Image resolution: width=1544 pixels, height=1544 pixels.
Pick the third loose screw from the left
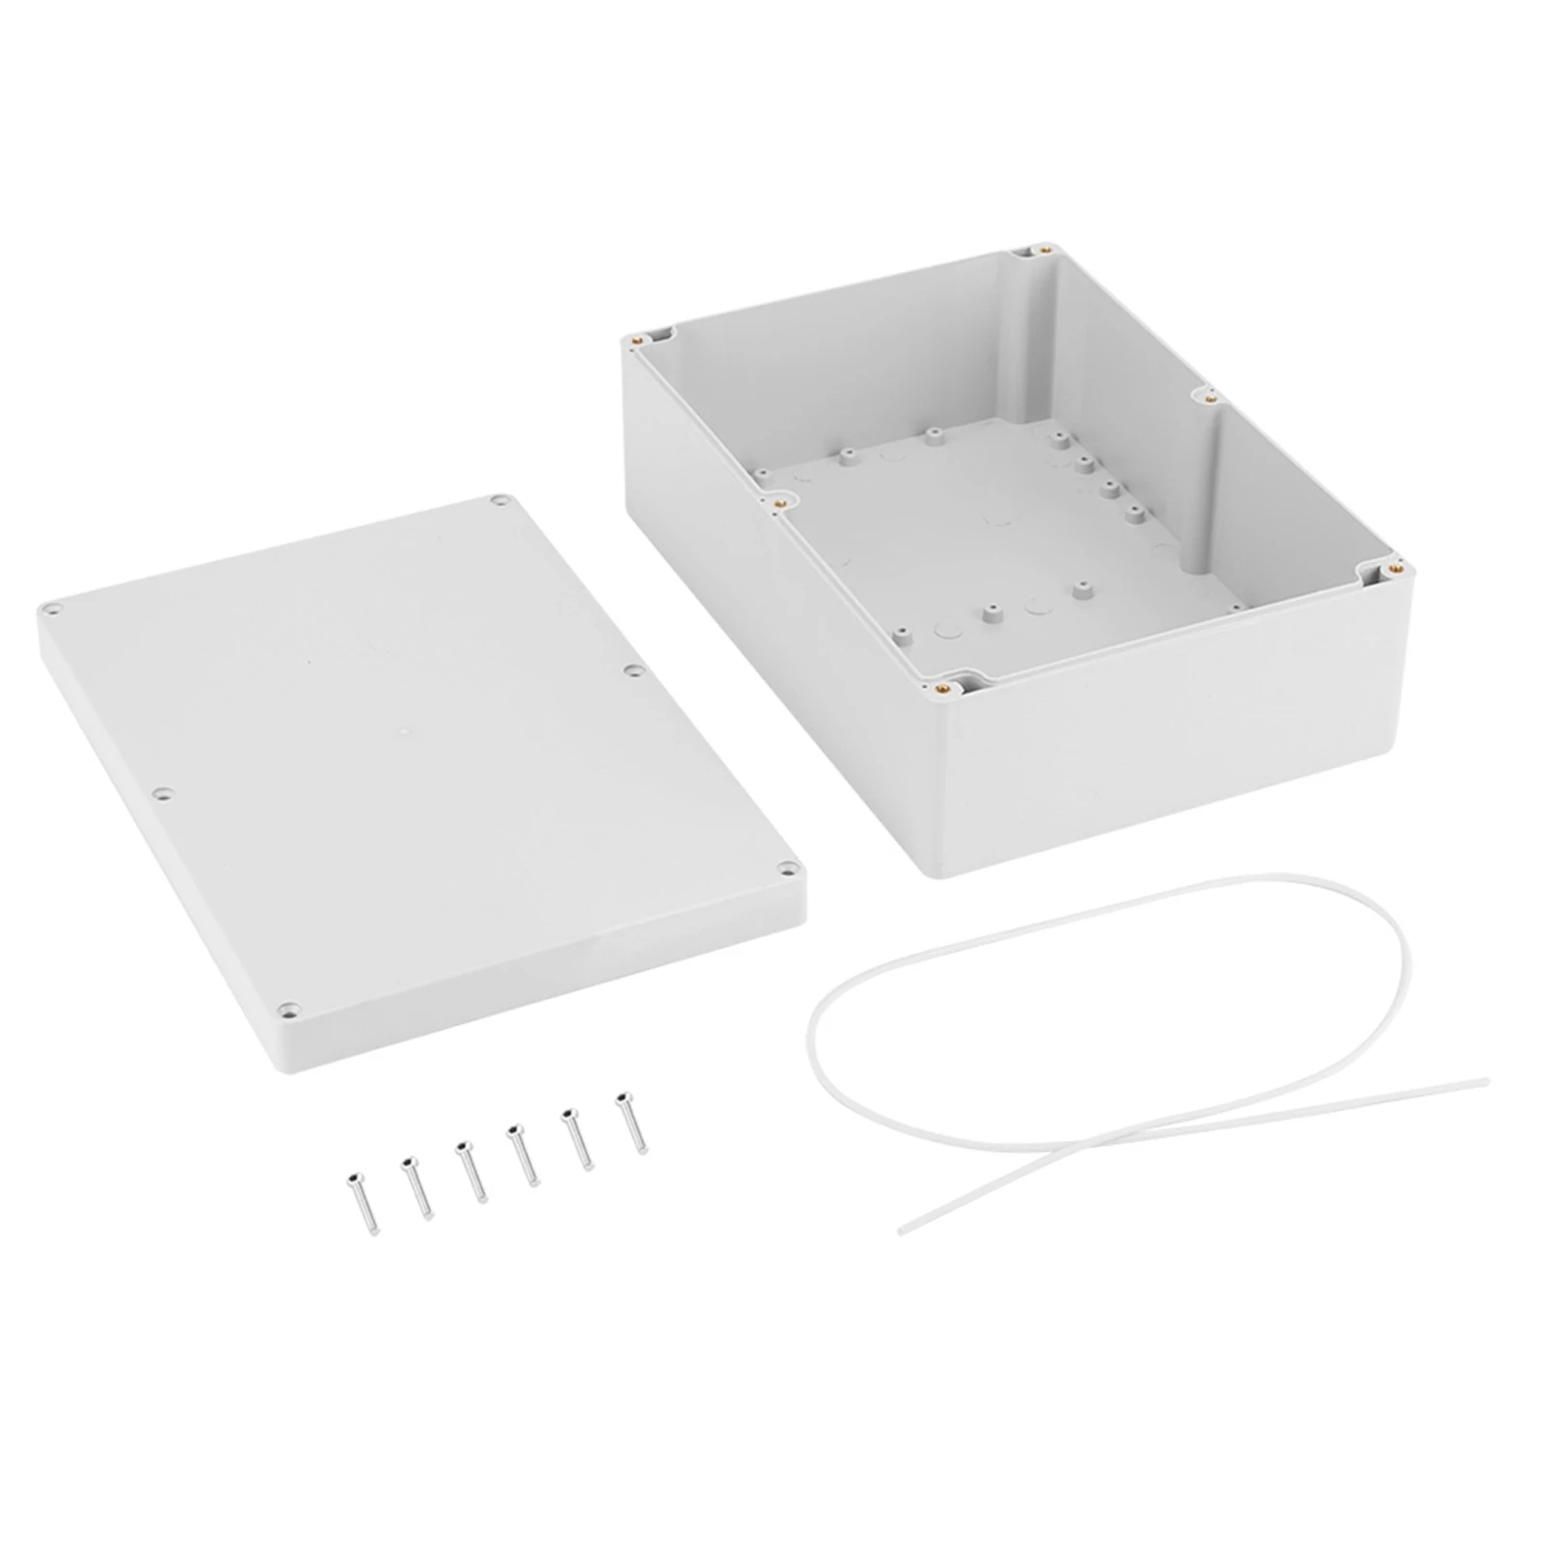[x=472, y=1171]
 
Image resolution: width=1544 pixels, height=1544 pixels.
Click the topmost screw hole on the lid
[x=498, y=501]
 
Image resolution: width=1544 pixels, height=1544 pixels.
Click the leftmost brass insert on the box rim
[x=636, y=339]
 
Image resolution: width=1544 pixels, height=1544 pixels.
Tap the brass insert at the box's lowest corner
[x=942, y=689]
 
